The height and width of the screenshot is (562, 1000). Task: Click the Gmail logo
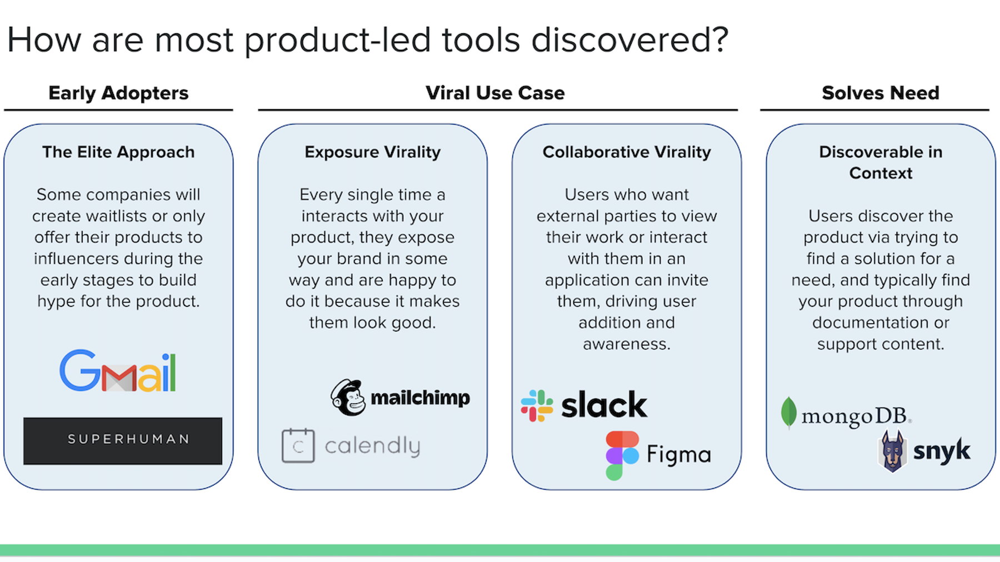[x=118, y=371]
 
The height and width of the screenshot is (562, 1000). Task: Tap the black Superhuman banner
[x=123, y=440]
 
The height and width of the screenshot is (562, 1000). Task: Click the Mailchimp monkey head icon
[x=348, y=398]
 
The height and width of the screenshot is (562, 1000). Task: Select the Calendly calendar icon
[x=298, y=445]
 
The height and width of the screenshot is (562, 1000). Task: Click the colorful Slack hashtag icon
[x=537, y=405]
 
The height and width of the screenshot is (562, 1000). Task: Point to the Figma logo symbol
[x=622, y=455]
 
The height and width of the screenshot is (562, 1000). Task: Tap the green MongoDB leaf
[x=788, y=413]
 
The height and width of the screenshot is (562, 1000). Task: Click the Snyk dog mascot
[x=893, y=451]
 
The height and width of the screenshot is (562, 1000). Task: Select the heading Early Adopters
[x=118, y=93]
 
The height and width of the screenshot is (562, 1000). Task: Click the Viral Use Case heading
[x=495, y=93]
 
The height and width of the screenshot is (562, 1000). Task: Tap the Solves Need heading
[x=881, y=93]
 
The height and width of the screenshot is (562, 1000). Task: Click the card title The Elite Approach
[x=118, y=152]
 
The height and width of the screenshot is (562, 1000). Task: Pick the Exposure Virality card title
[x=372, y=152]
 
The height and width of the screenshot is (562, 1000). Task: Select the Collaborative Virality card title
[x=627, y=152]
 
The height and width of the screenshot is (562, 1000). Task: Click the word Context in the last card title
[x=881, y=173]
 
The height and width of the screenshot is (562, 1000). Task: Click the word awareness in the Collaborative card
[x=626, y=344]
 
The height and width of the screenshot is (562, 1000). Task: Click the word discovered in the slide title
[x=629, y=40]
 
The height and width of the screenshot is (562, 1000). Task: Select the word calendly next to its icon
[x=372, y=446]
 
